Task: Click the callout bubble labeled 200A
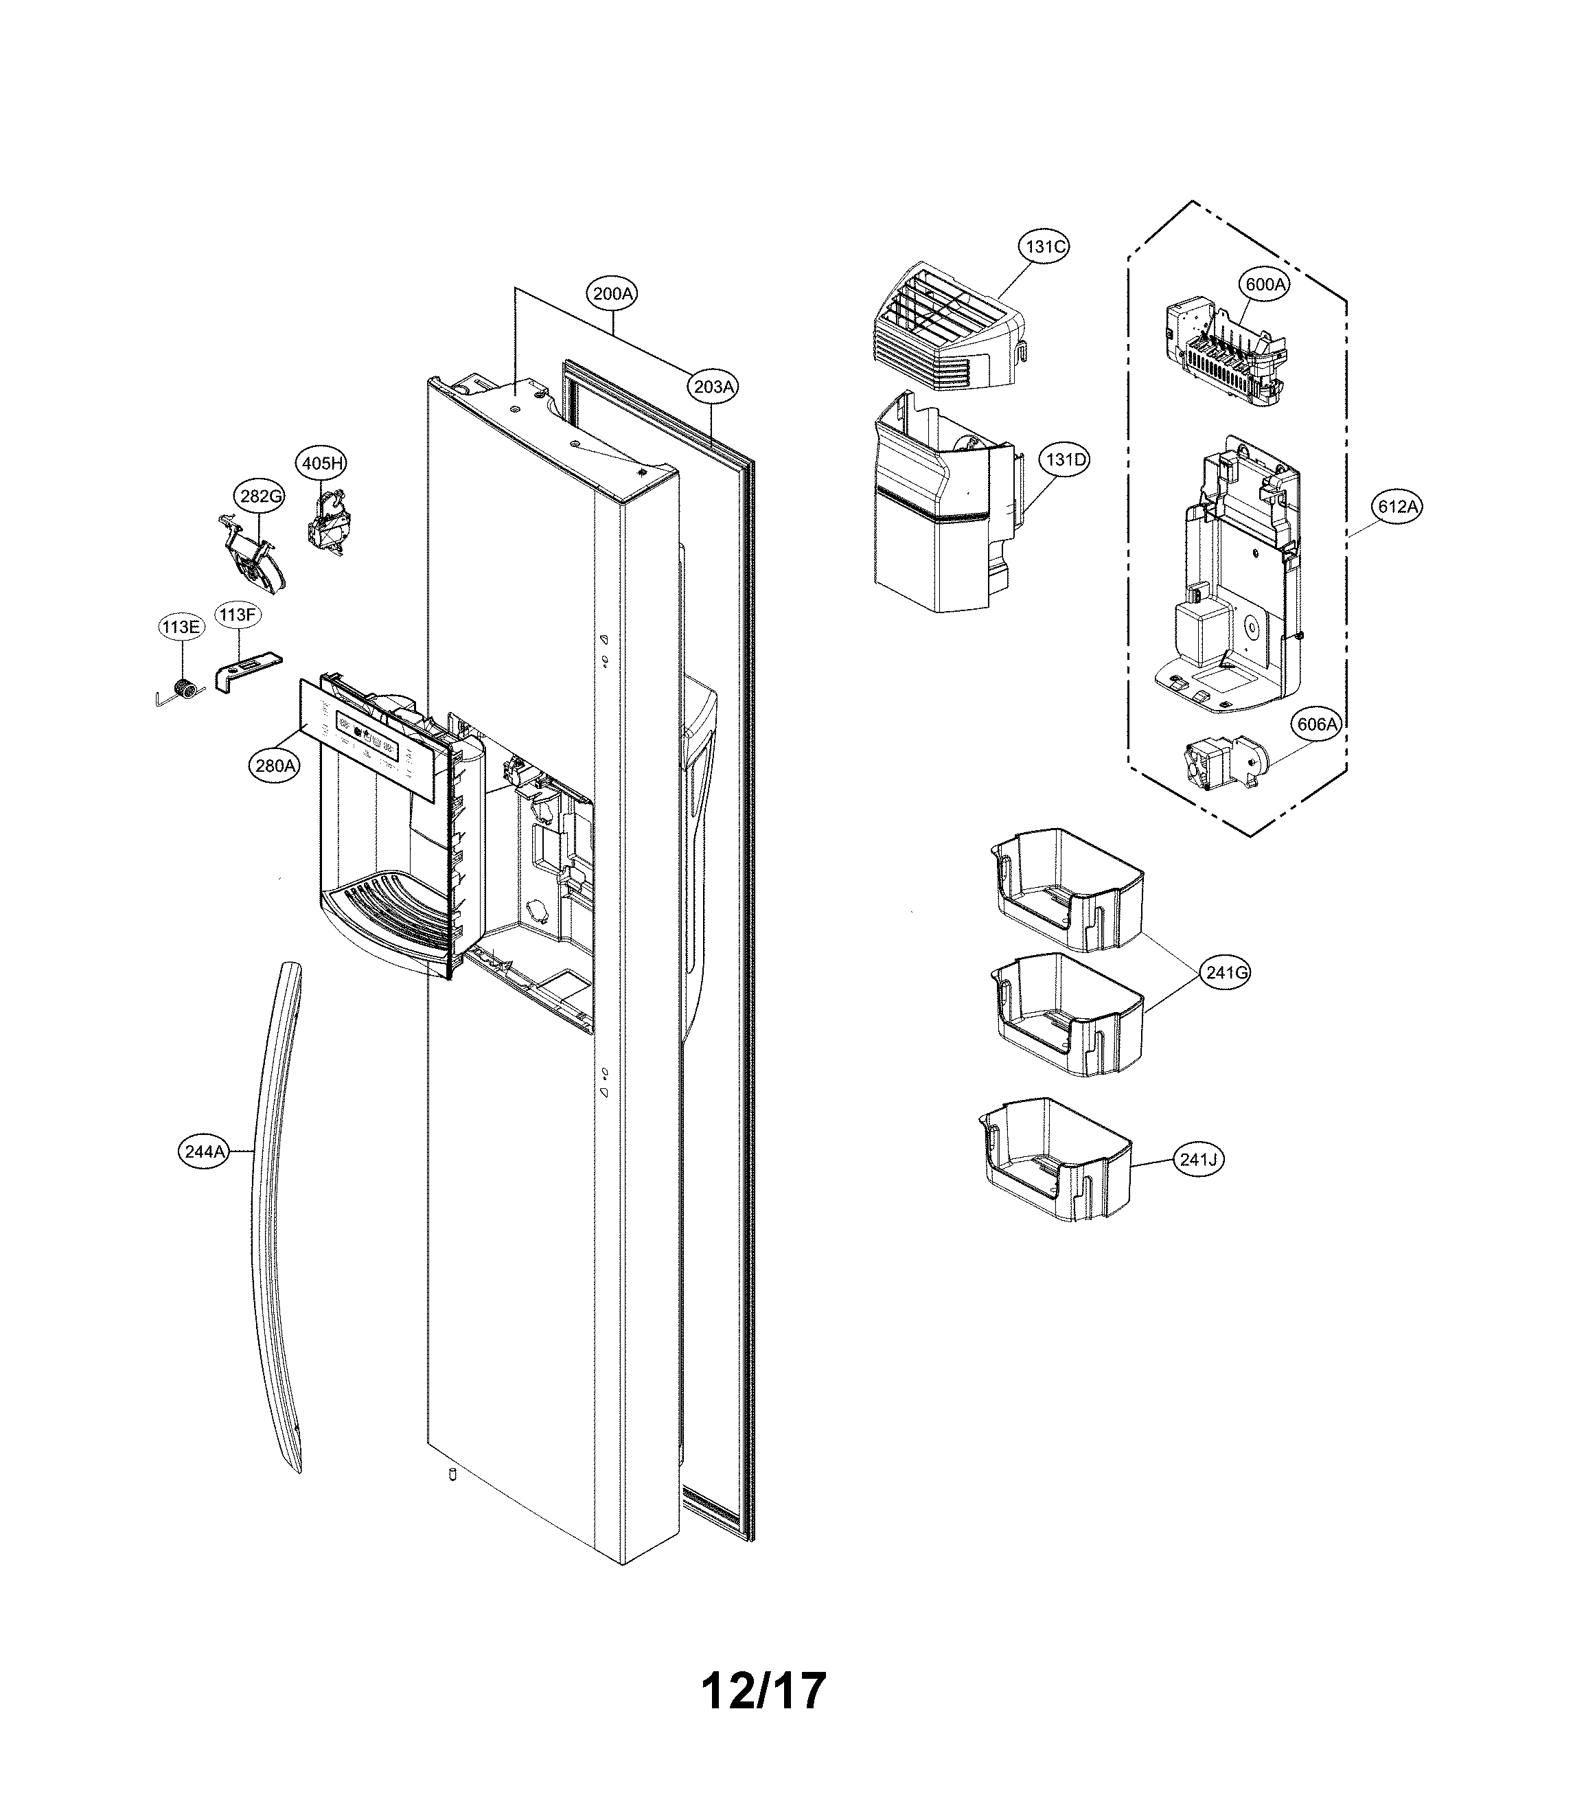612,293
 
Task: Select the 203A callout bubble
713,387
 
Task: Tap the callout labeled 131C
1044,246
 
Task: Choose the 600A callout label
1265,284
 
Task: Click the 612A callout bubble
1399,507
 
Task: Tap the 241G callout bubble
1226,973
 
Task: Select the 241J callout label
1198,1160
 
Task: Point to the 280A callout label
274,766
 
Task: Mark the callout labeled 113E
181,628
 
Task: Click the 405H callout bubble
321,463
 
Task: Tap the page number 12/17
763,1690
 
